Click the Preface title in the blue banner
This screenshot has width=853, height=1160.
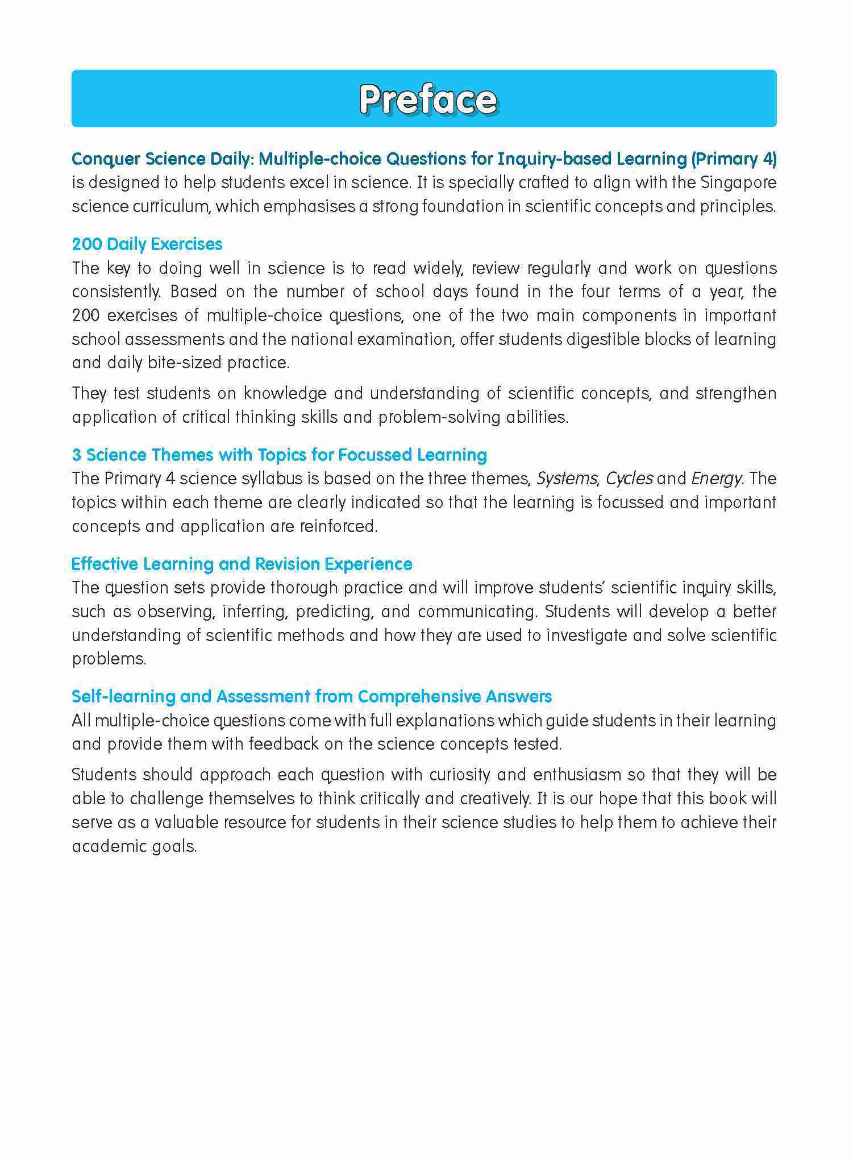[x=427, y=99]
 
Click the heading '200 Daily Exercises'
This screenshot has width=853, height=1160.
[x=147, y=244]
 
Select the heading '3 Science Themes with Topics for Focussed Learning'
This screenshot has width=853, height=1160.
[x=279, y=455]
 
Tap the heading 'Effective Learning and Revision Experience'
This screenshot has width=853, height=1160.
[x=242, y=564]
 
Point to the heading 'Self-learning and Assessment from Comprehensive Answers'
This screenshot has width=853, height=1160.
[x=311, y=697]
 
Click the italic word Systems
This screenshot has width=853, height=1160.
[x=566, y=479]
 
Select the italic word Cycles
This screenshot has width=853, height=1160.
[x=629, y=479]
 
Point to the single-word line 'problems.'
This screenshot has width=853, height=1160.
[x=109, y=659]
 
